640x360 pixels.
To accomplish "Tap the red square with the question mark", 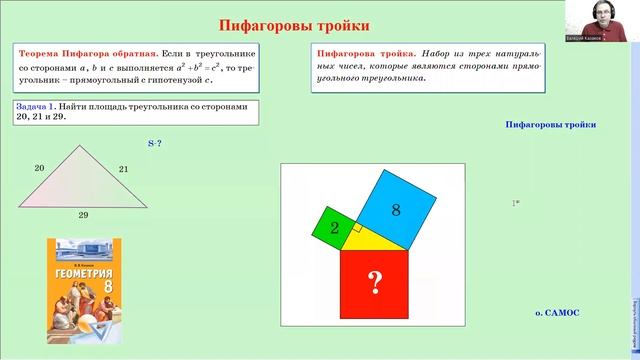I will tap(374, 284).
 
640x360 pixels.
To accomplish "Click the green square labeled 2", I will tap(334, 229).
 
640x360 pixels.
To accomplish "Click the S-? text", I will tap(155, 144).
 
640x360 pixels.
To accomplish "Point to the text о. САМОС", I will tap(557, 312).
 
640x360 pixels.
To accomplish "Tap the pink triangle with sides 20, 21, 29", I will tap(82, 180).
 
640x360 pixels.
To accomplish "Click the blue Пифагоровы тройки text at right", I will tap(551, 125).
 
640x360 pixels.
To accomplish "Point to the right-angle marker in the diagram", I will tap(354, 229).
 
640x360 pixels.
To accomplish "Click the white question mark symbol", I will tap(374, 284).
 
